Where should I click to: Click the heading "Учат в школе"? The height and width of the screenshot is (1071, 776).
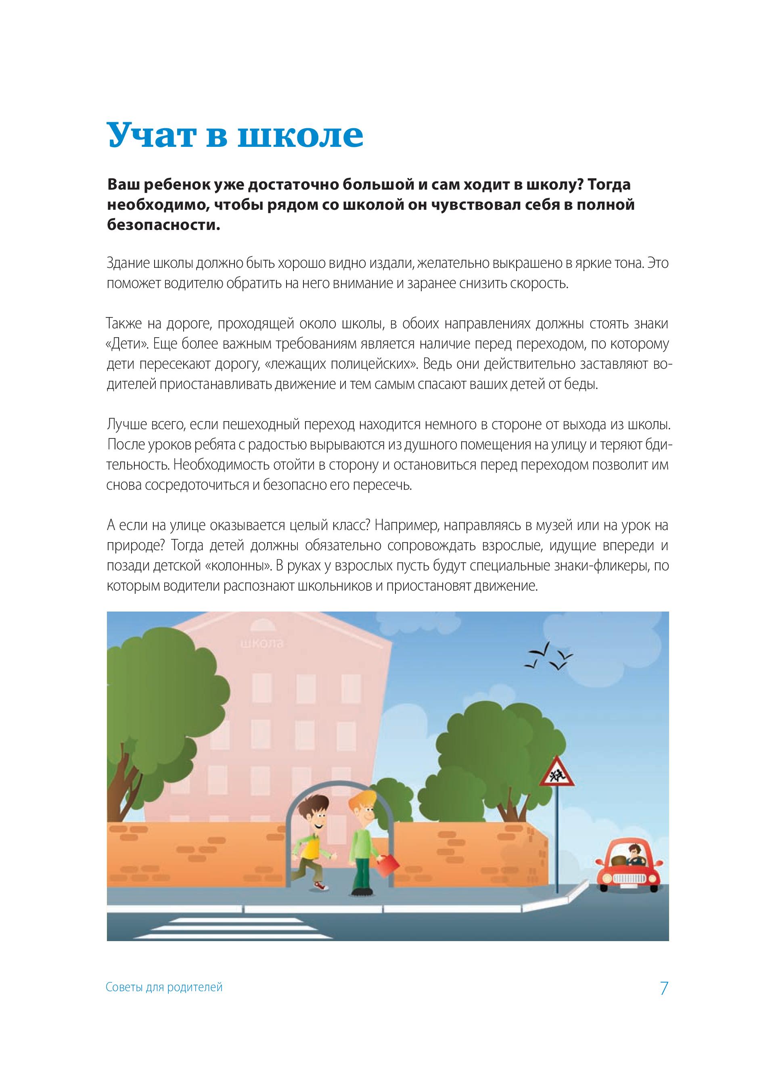click(x=235, y=135)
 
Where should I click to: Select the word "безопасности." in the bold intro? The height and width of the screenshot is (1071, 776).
click(x=164, y=225)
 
